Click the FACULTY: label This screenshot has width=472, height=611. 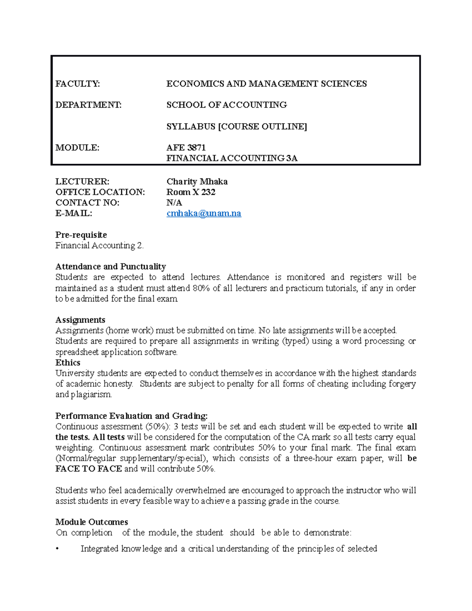point(77,83)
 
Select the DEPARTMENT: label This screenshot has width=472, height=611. point(88,105)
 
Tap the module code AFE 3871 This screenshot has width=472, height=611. point(186,148)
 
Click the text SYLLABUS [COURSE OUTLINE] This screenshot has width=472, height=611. point(236,126)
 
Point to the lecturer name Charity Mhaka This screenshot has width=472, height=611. point(197,181)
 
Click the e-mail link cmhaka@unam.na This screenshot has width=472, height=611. point(204,213)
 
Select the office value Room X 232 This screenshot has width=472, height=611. point(191,192)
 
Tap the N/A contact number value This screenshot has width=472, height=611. point(174,203)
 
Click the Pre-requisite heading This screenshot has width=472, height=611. point(81,235)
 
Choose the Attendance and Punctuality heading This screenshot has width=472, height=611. point(111,266)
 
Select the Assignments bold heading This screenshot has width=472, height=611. point(80,319)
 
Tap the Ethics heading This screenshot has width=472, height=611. point(68,362)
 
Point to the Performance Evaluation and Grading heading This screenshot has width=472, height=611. point(131,416)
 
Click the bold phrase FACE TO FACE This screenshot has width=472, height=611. point(88,469)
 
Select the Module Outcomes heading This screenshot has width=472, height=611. point(92,522)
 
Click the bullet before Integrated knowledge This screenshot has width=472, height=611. point(57,549)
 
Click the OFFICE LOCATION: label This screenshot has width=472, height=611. point(100,192)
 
